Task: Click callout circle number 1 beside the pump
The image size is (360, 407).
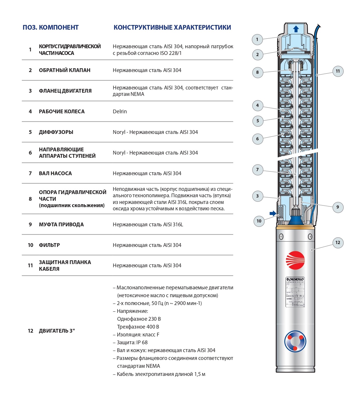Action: tap(257, 40)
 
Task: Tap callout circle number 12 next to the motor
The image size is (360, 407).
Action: tap(338, 243)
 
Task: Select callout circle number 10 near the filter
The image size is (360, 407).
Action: tap(259, 221)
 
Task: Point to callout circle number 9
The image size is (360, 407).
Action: tap(338, 207)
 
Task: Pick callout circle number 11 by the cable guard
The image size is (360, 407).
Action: tap(338, 71)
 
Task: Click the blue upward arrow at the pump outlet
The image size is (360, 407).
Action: tap(296, 29)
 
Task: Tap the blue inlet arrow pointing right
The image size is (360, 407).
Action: tap(273, 214)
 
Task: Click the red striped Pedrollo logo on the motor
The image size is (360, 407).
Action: tap(295, 260)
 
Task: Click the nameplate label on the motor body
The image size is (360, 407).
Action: tap(295, 292)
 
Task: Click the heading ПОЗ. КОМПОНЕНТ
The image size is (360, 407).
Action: tap(51, 28)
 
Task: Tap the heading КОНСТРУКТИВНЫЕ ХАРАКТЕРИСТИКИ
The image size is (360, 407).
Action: tap(172, 28)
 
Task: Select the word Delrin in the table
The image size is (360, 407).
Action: tap(120, 112)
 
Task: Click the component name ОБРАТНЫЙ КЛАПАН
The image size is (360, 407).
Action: tap(65, 70)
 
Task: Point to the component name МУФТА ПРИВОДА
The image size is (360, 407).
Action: tap(61, 225)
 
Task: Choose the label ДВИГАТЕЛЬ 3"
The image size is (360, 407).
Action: tap(57, 331)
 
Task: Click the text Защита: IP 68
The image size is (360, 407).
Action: tap(132, 343)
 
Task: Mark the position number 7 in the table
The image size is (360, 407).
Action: tap(30, 173)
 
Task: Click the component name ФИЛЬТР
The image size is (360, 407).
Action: tap(49, 245)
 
